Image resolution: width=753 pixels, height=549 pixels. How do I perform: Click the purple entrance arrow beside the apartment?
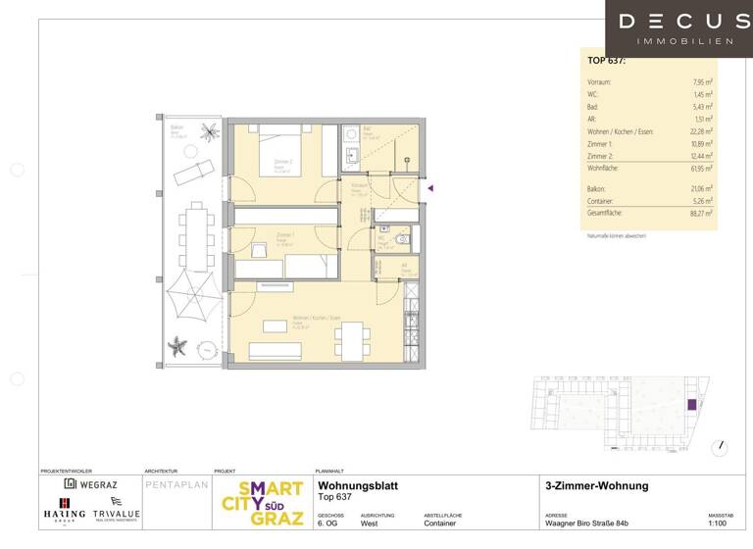click(x=429, y=188)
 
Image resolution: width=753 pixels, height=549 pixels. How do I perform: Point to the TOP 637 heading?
click(x=606, y=61)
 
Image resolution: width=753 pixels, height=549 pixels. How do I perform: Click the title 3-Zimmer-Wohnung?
click(x=596, y=486)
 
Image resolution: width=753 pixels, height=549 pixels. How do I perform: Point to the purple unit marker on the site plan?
click(x=692, y=404)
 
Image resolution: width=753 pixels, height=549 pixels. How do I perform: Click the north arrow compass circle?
click(x=723, y=446)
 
